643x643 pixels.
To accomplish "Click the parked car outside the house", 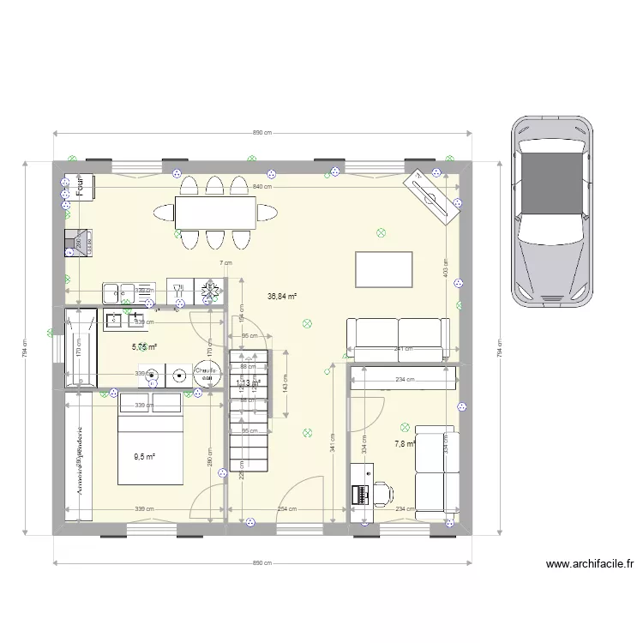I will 553,212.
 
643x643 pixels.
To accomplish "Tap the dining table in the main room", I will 215,211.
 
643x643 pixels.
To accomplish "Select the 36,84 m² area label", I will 282,297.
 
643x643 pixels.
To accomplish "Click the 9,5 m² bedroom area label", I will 144,457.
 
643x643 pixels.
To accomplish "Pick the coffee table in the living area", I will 384,270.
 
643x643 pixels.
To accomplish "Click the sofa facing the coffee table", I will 399,339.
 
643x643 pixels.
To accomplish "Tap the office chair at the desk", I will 382,493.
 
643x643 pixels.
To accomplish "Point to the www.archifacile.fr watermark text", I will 591,565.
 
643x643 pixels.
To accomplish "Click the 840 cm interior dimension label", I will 262,186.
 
